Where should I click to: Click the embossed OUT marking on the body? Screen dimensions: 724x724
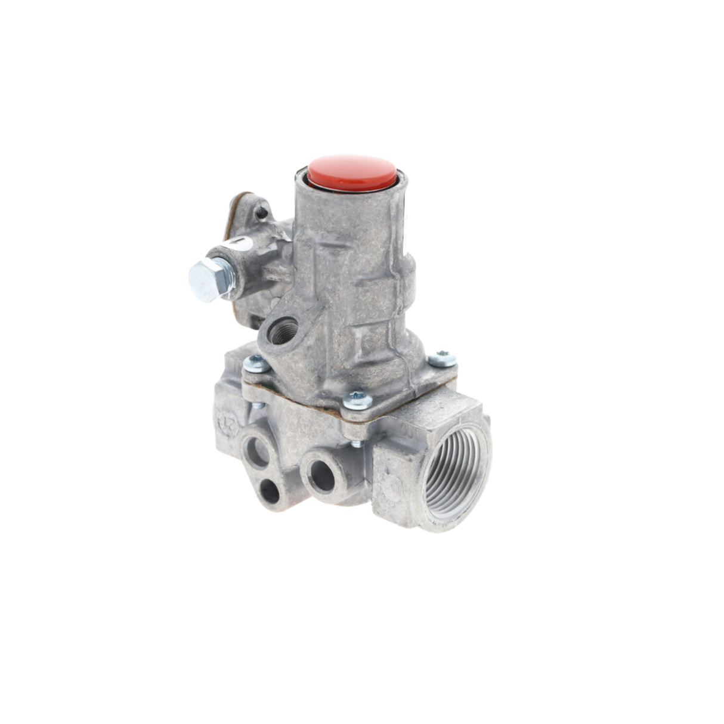click(x=410, y=430)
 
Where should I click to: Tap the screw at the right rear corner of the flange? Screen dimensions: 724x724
click(x=442, y=358)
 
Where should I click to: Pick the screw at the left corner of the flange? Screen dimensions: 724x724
click(x=256, y=363)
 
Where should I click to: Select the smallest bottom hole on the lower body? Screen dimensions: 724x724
click(x=270, y=490)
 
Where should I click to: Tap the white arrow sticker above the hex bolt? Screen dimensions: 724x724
click(x=237, y=243)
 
